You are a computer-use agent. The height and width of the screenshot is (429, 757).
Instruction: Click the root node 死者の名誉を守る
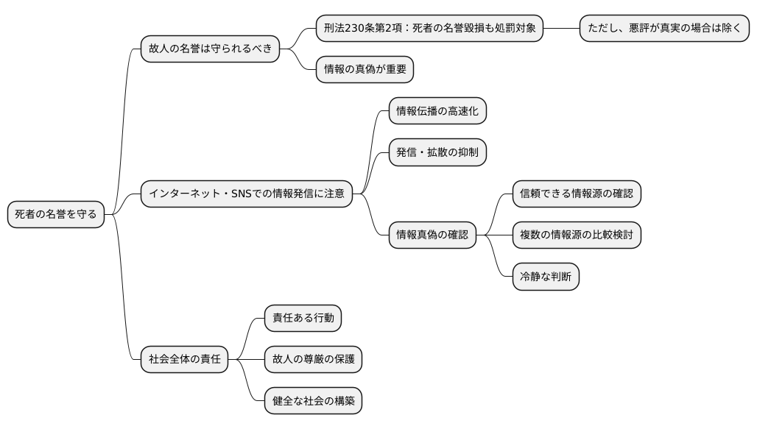55,214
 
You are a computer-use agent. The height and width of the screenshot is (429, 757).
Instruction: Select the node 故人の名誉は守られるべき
210,49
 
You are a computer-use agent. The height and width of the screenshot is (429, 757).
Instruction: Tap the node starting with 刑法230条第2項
429,29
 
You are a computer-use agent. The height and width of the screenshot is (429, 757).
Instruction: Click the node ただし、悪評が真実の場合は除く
664,29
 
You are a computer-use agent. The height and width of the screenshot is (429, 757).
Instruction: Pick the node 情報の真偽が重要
365,70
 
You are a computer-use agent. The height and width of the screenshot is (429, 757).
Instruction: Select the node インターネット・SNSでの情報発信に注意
246,194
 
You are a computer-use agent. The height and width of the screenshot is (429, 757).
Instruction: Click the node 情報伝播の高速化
437,111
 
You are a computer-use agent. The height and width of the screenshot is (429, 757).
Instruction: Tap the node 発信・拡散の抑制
437,152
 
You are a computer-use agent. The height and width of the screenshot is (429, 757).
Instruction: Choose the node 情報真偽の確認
432,235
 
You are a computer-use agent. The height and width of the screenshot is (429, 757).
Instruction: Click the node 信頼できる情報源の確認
577,194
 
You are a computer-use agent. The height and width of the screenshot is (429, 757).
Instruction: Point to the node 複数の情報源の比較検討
577,235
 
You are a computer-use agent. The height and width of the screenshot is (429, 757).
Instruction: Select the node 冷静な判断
546,277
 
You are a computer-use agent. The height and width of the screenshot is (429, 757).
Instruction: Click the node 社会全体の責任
184,360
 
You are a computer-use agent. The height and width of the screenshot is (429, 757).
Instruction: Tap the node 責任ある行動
303,318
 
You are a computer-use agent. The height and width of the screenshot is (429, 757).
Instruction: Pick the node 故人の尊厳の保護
313,360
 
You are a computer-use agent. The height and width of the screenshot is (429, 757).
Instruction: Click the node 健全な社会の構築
313,401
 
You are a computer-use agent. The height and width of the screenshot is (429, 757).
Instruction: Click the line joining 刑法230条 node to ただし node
561,29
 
